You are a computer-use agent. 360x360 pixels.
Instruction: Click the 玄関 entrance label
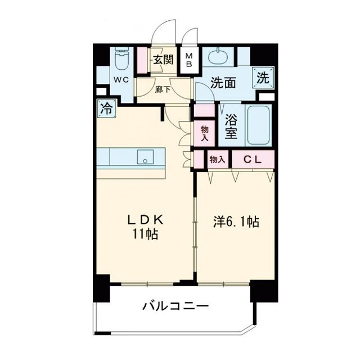[165, 60]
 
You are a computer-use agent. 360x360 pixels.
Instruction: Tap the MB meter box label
[190, 60]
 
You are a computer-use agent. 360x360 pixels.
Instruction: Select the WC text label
[122, 80]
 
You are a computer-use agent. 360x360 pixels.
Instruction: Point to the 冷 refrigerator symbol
[106, 109]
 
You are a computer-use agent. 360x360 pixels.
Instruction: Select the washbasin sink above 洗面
[218, 57]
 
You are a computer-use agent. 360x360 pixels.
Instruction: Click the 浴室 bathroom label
[231, 127]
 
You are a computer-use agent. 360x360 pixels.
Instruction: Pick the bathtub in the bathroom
[259, 125]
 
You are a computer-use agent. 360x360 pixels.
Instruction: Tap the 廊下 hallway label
[163, 89]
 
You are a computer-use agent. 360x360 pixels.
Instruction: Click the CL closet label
[253, 160]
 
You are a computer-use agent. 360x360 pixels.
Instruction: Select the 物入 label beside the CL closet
[217, 160]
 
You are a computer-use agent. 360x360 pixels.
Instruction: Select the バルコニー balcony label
[175, 307]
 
